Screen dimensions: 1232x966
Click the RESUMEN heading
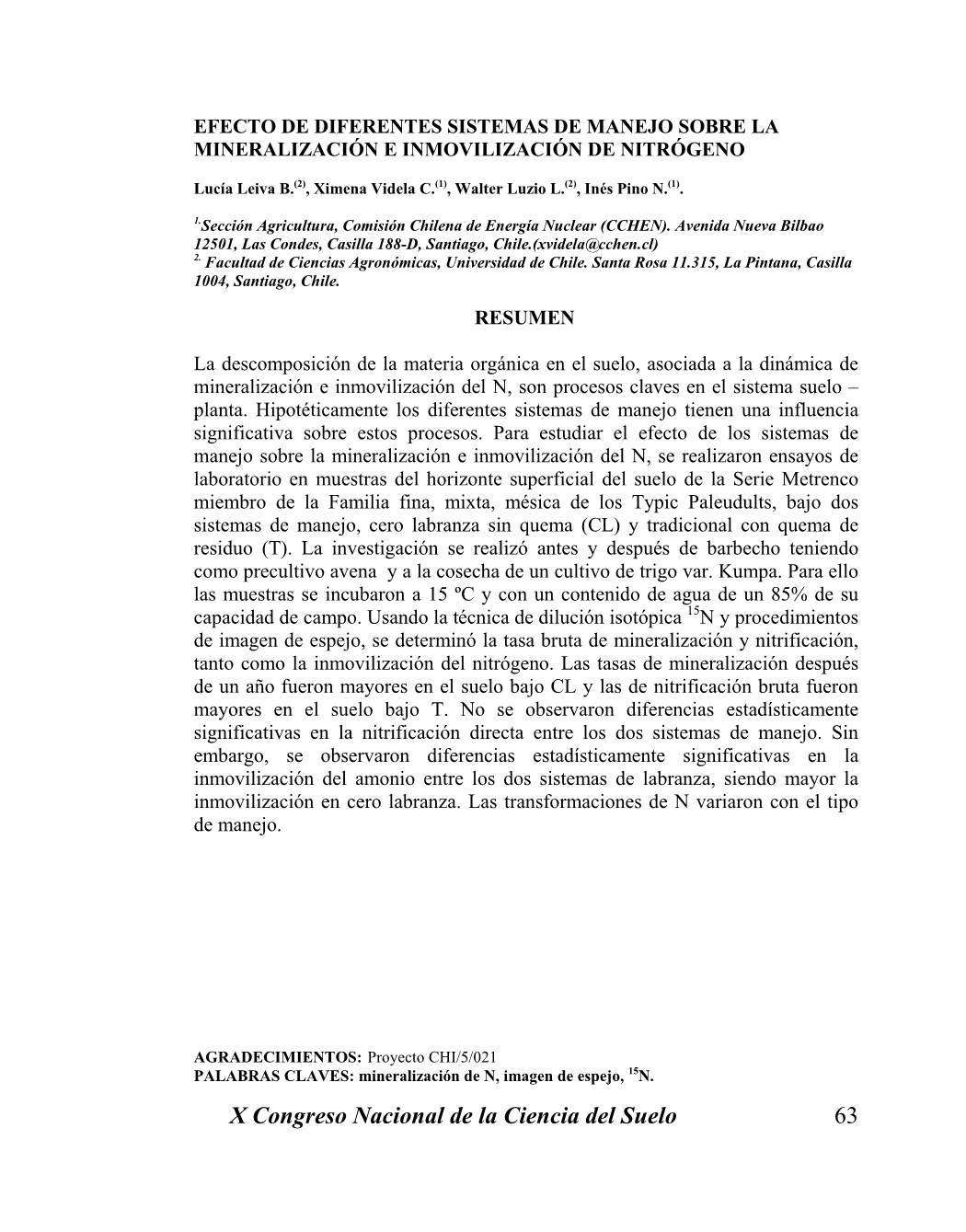pyautogui.click(x=524, y=317)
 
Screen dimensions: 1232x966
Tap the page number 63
pyautogui.click(x=845, y=1116)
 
